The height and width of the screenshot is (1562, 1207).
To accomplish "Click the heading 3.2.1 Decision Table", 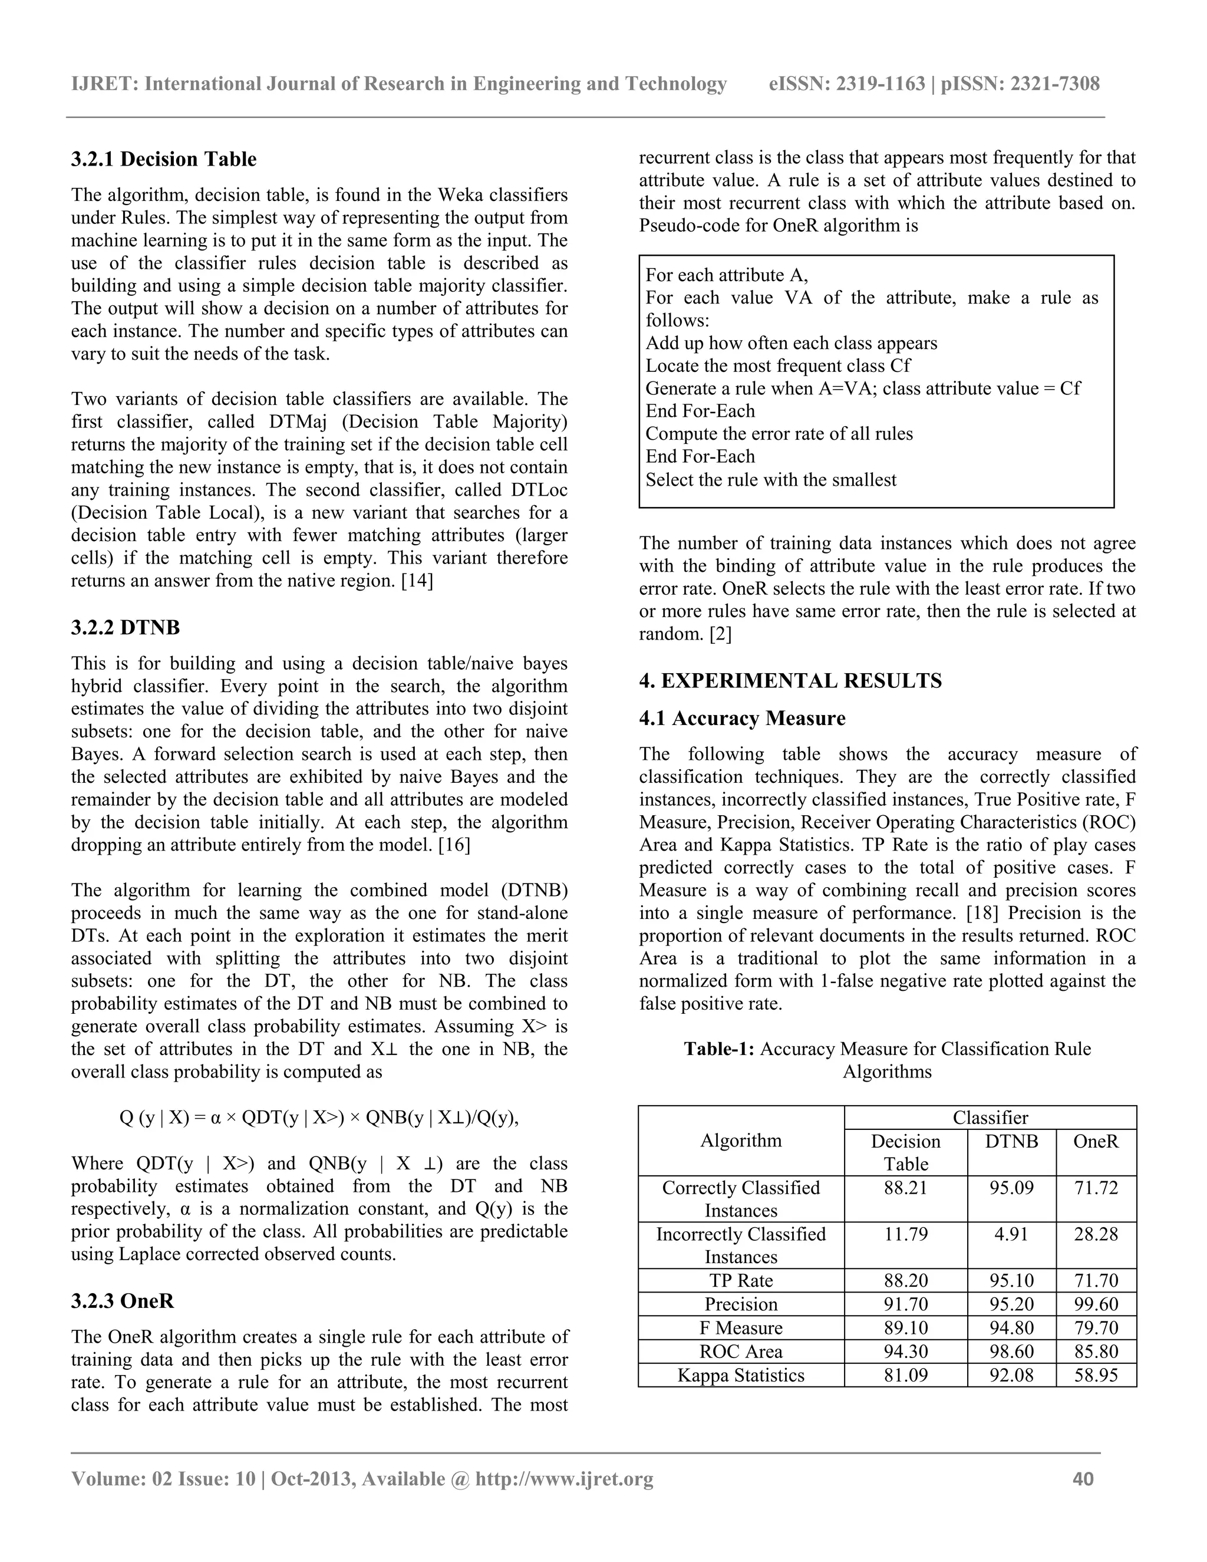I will point(163,159).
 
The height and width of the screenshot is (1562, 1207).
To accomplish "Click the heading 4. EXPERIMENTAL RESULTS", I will point(790,680).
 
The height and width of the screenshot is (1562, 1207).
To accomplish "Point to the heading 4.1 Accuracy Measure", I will point(741,718).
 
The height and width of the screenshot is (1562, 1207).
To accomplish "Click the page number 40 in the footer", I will point(1083,1479).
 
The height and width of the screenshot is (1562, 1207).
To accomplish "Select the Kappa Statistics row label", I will point(740,1375).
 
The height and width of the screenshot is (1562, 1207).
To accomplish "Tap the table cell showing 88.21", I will point(905,1188).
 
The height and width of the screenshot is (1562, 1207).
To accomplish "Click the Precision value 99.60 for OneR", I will point(1096,1304).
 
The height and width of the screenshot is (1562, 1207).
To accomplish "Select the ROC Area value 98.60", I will point(1011,1352).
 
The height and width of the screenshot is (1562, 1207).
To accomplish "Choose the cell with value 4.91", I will point(1011,1234).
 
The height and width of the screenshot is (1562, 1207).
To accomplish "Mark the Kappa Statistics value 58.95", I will point(1096,1375).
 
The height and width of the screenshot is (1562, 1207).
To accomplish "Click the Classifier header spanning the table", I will point(990,1118).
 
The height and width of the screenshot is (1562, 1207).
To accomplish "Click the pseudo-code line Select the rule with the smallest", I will point(770,480).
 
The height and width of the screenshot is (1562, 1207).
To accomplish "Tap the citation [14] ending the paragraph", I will point(417,581).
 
